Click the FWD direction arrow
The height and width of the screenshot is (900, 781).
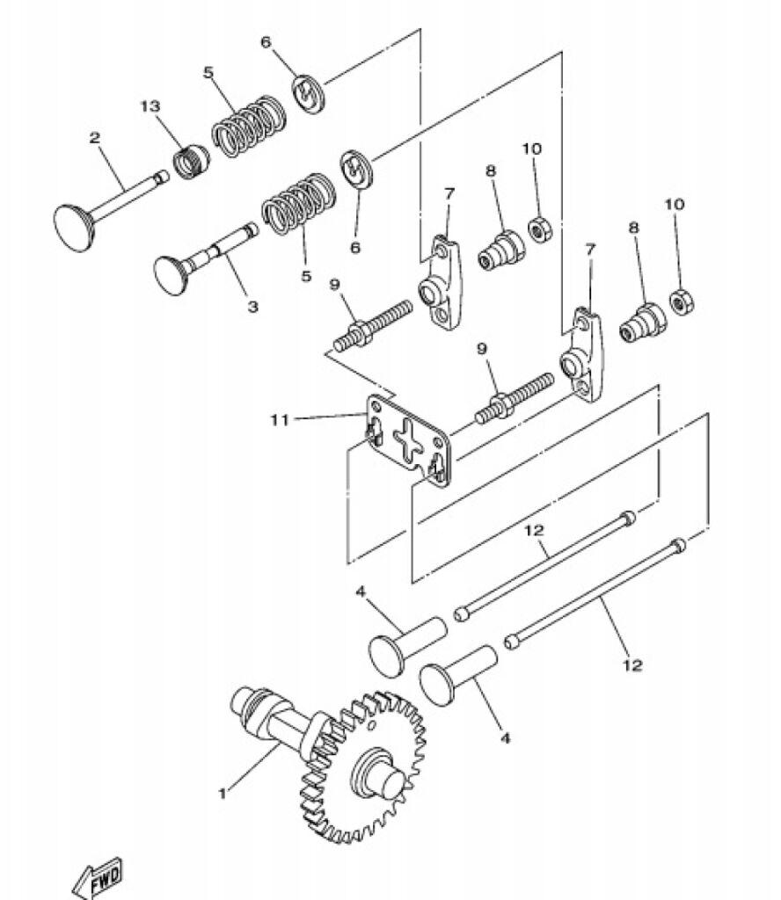[98, 879]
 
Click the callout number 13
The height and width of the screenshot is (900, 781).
[150, 106]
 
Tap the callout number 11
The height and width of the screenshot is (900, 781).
[280, 420]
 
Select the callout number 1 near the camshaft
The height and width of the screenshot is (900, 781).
[223, 794]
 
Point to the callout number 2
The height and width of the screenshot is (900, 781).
[95, 138]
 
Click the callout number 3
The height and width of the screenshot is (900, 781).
[252, 307]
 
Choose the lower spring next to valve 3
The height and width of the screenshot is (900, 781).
[299, 204]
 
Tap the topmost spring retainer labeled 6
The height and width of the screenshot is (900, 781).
[309, 93]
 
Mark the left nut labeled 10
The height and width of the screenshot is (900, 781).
[540, 229]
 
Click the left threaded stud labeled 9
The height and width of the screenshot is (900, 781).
[373, 325]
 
